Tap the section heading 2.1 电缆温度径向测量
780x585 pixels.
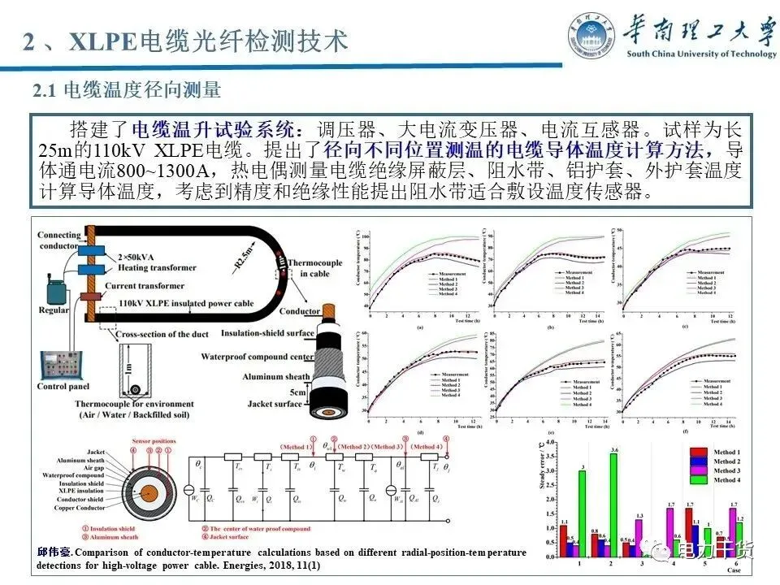(126, 90)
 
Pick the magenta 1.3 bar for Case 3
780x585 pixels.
(639, 537)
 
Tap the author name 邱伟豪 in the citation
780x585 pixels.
(54, 552)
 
